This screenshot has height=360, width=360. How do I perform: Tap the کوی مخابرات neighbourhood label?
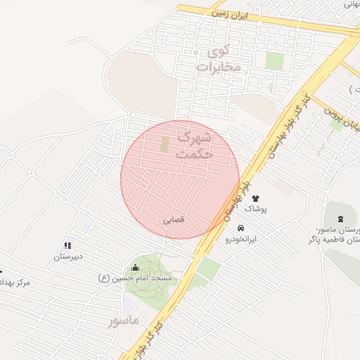[x=219, y=59]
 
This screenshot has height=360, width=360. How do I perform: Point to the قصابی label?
[x=174, y=219]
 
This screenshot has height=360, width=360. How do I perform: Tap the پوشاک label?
[x=255, y=210]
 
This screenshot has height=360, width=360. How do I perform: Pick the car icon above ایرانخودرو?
[x=240, y=229]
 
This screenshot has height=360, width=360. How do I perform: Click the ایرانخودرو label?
[x=240, y=239]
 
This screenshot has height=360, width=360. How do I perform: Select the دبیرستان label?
[x=69, y=256]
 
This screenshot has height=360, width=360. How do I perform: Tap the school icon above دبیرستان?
[x=67, y=245]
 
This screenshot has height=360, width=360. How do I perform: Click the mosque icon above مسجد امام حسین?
[x=136, y=267]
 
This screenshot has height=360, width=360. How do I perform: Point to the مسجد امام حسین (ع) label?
[x=139, y=278]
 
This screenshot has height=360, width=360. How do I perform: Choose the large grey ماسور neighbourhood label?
[x=123, y=320]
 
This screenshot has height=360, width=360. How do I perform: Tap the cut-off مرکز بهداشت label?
[x=15, y=282]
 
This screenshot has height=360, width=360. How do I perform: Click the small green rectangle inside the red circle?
[x=165, y=145]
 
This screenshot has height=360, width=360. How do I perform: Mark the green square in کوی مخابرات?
[x=274, y=62]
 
